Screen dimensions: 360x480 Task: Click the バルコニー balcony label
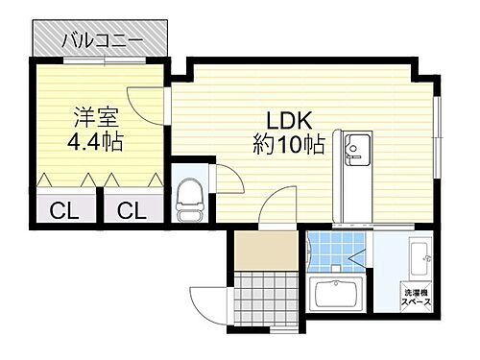tap(102, 40)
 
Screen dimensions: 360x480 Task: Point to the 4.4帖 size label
tap(95, 143)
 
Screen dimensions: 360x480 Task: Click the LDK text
tap(289, 123)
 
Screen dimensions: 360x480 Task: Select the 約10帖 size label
tap(288, 146)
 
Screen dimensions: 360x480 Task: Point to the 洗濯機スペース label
tap(416, 298)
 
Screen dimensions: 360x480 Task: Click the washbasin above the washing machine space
tap(419, 259)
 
